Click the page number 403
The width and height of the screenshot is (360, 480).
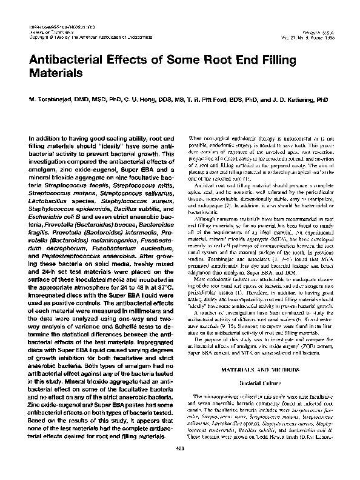(180, 464)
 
